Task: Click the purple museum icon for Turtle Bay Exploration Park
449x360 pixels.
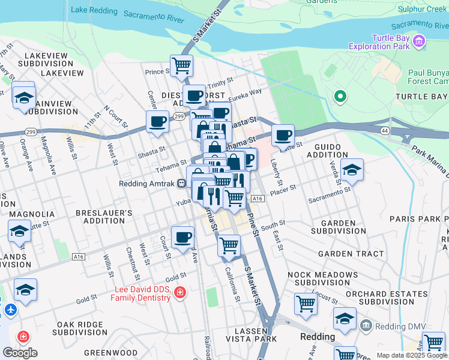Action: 419,42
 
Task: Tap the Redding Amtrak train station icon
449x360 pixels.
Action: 181,184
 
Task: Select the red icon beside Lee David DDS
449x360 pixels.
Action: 179,293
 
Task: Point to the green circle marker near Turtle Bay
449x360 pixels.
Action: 340,96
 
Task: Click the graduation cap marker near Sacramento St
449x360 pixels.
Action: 352,170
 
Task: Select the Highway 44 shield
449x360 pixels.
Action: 384,130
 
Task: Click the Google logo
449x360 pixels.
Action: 20,353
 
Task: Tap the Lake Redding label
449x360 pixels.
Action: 94,10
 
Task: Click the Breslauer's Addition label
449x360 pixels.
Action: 104,217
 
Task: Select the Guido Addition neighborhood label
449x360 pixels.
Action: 327,151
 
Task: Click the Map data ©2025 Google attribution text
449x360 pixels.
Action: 411,355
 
